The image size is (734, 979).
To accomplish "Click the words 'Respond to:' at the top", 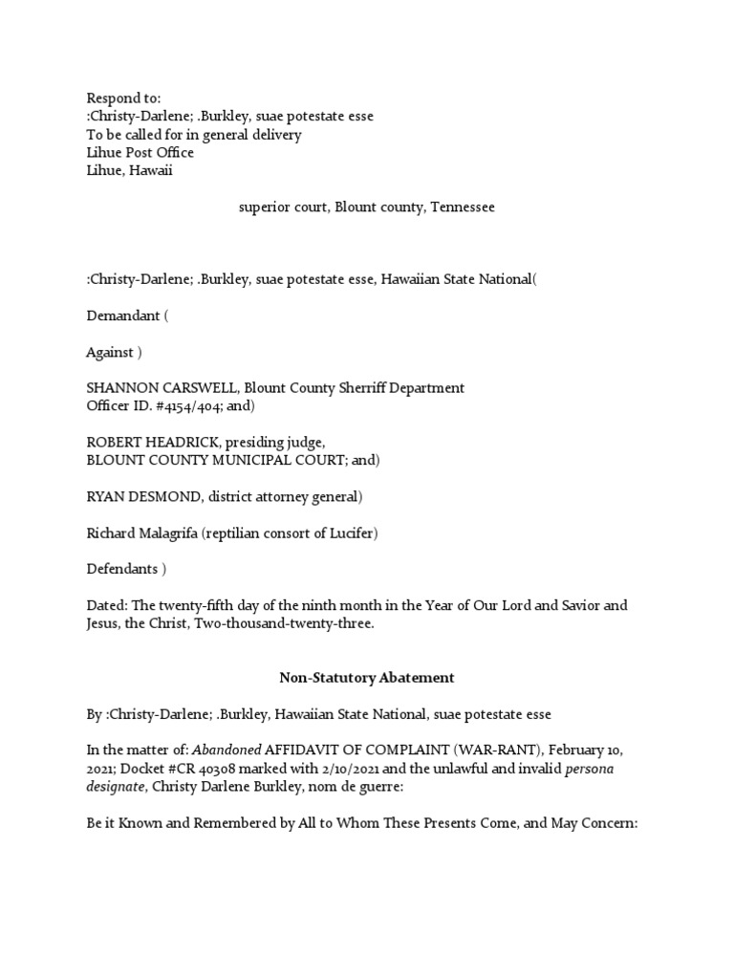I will (124, 98).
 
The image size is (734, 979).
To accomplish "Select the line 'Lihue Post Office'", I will (140, 153).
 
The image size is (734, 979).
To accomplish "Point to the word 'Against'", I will (110, 352).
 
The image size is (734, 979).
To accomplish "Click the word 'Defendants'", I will (121, 570).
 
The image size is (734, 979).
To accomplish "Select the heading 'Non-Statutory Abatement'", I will (366, 679).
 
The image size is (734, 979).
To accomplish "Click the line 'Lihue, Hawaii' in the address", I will (130, 171).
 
